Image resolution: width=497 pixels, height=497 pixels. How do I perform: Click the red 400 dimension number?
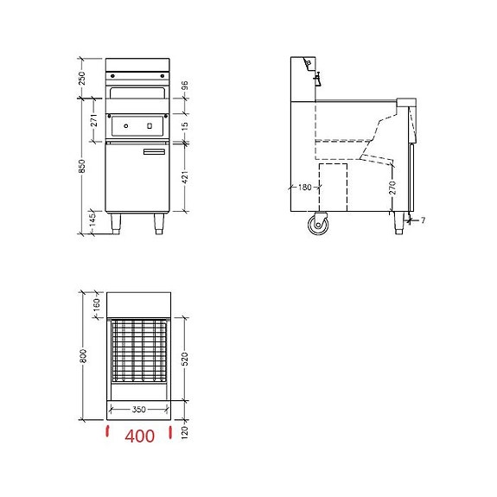point(139,436)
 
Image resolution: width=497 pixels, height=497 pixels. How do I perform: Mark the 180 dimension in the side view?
point(304,186)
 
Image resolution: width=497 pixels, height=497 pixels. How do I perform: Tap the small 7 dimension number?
point(423,220)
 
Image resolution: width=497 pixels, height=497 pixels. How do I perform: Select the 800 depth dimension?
point(84,355)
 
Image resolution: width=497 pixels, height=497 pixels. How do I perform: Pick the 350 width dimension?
point(138,410)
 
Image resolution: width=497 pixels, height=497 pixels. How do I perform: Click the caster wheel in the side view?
point(317,225)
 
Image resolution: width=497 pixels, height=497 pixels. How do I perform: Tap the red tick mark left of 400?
point(106,431)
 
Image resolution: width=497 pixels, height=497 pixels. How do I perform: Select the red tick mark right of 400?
point(171,431)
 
